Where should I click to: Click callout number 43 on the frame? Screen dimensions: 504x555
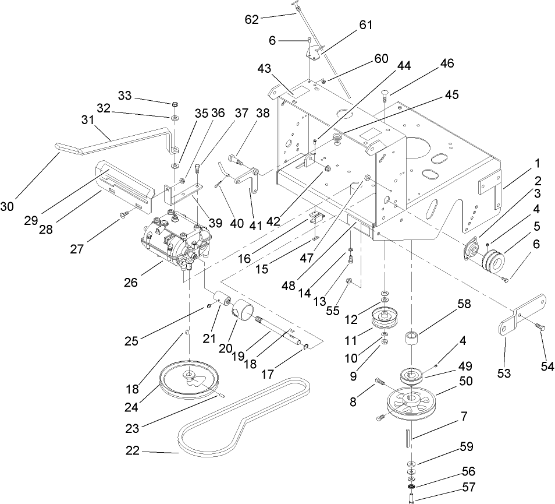point(264,69)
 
